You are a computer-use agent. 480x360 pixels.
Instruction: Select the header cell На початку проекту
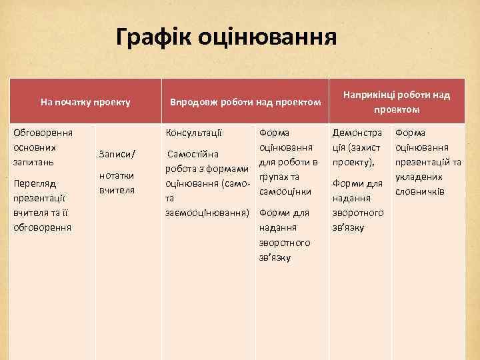(85, 103)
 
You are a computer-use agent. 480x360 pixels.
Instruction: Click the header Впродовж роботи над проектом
(245, 103)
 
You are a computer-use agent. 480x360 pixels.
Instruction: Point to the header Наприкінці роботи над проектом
(397, 102)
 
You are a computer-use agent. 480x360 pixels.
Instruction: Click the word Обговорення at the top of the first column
(43, 132)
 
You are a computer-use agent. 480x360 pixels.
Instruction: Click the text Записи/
(117, 154)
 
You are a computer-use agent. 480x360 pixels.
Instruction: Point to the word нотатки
(117, 175)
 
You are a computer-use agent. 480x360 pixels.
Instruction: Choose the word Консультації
(194, 132)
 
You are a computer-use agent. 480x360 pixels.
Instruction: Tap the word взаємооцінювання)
(207, 213)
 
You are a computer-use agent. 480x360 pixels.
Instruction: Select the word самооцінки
(285, 191)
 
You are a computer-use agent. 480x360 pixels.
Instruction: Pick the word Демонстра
(357, 132)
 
